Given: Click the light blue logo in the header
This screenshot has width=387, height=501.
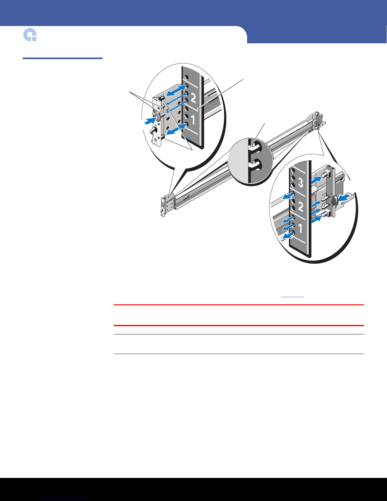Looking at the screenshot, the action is (x=30, y=35).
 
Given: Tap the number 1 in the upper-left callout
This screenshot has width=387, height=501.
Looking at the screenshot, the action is (x=193, y=120).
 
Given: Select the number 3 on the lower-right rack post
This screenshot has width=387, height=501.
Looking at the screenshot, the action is (x=301, y=182).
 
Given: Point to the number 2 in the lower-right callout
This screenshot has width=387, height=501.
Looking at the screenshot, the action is (x=301, y=207).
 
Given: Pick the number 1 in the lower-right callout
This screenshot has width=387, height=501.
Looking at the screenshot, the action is (x=300, y=228).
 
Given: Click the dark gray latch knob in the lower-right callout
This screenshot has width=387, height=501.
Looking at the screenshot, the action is (x=334, y=201).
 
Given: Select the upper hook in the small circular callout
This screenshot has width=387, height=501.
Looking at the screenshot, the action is (x=255, y=148).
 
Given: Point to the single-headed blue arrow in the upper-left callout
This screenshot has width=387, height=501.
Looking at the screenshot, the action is (x=151, y=120).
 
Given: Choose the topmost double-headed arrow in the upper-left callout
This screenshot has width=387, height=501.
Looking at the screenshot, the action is (x=177, y=90).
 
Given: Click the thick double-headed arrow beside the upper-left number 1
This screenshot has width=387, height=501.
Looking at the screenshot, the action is (x=177, y=129).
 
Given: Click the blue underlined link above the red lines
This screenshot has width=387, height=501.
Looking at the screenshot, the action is (x=292, y=296).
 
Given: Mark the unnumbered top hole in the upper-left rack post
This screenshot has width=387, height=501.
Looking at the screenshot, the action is (x=187, y=77).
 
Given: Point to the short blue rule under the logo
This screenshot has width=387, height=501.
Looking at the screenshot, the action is (x=63, y=58).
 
